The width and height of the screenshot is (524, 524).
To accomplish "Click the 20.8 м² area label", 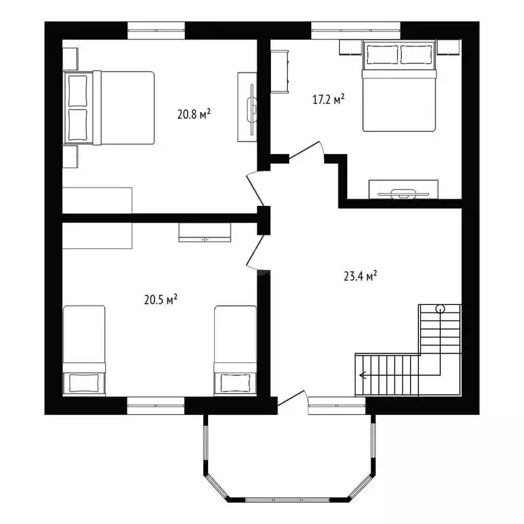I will [193, 114].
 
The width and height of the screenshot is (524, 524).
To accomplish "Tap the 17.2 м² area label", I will [328, 100].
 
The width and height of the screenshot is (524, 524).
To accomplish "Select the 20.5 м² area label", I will [161, 299].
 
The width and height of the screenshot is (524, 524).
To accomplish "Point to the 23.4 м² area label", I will [360, 276].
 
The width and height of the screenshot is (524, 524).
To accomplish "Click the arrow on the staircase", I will [362, 374].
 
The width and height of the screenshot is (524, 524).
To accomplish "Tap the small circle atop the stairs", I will [440, 308].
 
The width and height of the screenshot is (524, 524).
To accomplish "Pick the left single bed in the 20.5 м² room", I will [85, 349].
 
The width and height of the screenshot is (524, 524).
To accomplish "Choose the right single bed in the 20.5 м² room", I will [235, 349].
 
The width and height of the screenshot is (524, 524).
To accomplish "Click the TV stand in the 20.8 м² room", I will [247, 106].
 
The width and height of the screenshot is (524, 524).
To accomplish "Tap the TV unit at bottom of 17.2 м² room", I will [403, 189].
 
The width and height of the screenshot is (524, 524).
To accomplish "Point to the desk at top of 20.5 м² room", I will [205, 232].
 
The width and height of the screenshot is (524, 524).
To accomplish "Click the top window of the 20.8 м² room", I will [156, 29].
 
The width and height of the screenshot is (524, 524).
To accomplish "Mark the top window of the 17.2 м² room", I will [355, 29].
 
